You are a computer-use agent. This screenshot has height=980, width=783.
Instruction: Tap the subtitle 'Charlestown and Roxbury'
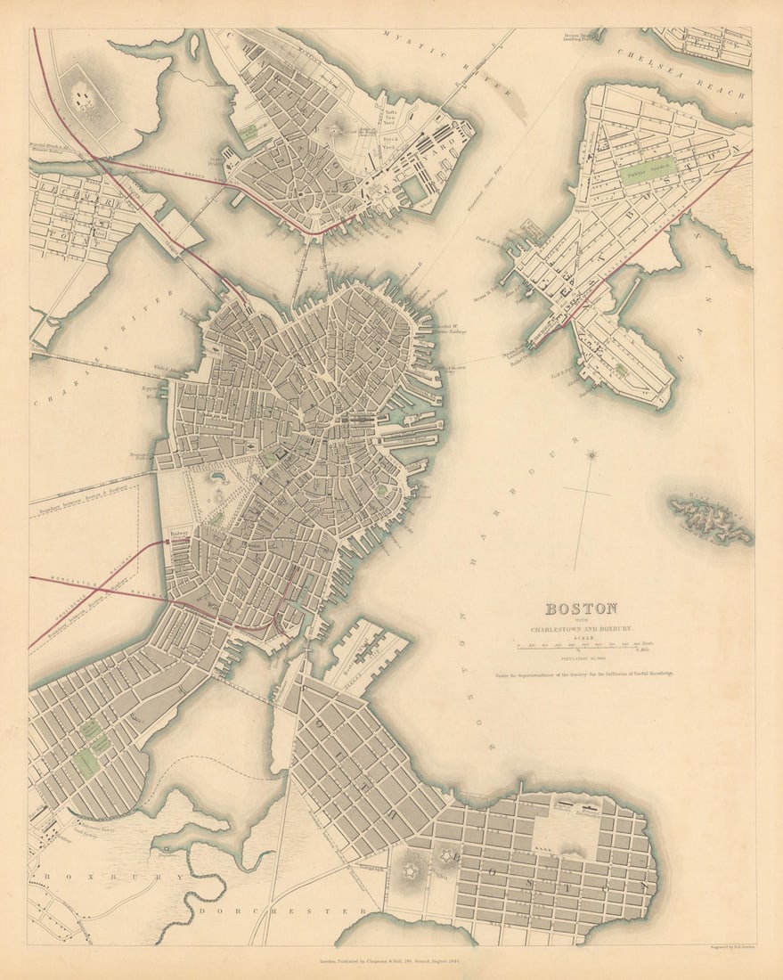point(581,629)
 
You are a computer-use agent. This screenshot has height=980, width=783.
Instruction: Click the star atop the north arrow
point(591,455)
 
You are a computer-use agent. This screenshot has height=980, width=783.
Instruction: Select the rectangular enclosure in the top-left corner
point(87,91)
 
